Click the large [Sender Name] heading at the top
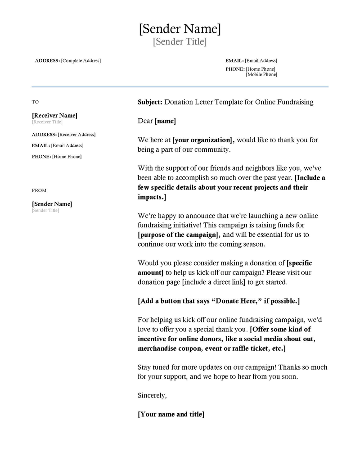180,29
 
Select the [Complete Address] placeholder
81,61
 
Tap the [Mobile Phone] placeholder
261,75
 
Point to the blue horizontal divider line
180,87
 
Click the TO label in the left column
35,102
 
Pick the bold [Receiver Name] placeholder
54,116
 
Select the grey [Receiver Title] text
47,122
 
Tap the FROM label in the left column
39,190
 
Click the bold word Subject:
150,102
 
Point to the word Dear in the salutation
145,121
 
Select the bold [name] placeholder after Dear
165,121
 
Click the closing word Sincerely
152,396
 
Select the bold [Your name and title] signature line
171,414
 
